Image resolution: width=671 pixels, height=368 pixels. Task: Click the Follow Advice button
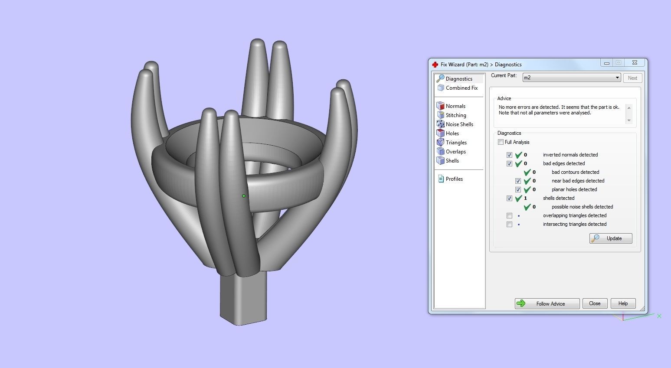point(547,303)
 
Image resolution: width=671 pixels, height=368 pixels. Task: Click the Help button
point(623,303)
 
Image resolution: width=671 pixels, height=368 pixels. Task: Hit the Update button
point(610,238)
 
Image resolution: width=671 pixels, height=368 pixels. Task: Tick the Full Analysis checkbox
point(501,142)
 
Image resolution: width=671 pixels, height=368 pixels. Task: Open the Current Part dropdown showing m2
point(571,78)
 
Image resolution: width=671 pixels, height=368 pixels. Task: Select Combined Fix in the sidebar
point(461,88)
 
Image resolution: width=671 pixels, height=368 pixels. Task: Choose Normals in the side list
point(455,106)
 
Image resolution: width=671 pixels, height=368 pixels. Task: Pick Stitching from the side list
point(455,115)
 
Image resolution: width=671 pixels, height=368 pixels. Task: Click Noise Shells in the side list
point(459,124)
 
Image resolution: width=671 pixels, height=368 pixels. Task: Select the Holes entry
point(452,134)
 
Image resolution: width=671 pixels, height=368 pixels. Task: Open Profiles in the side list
point(454,179)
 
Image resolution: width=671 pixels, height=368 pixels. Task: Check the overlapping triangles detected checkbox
point(509,215)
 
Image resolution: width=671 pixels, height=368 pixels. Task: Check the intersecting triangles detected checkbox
point(509,224)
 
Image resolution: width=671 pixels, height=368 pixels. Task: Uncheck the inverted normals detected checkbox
point(509,155)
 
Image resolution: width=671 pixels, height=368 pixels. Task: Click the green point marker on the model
point(244,196)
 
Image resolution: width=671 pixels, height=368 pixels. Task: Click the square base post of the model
point(242,299)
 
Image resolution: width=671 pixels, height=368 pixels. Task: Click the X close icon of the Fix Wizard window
point(634,63)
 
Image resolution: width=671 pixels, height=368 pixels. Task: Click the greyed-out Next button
point(632,78)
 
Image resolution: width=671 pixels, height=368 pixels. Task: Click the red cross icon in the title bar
point(435,65)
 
